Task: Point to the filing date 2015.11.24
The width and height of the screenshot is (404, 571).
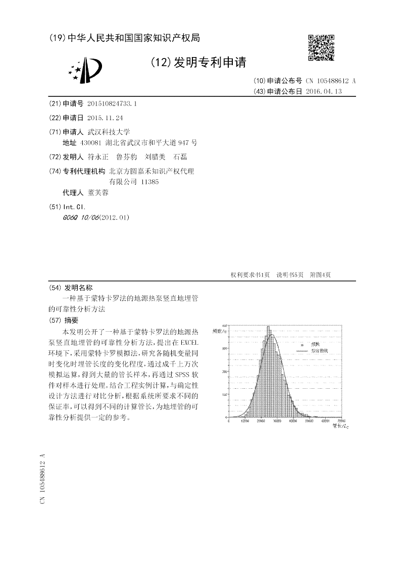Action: tap(105, 118)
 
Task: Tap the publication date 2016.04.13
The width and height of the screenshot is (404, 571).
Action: tap(324, 91)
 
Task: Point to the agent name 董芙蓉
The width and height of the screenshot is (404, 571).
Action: tap(98, 193)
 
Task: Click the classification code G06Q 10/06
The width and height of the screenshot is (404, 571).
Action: tap(80, 218)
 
